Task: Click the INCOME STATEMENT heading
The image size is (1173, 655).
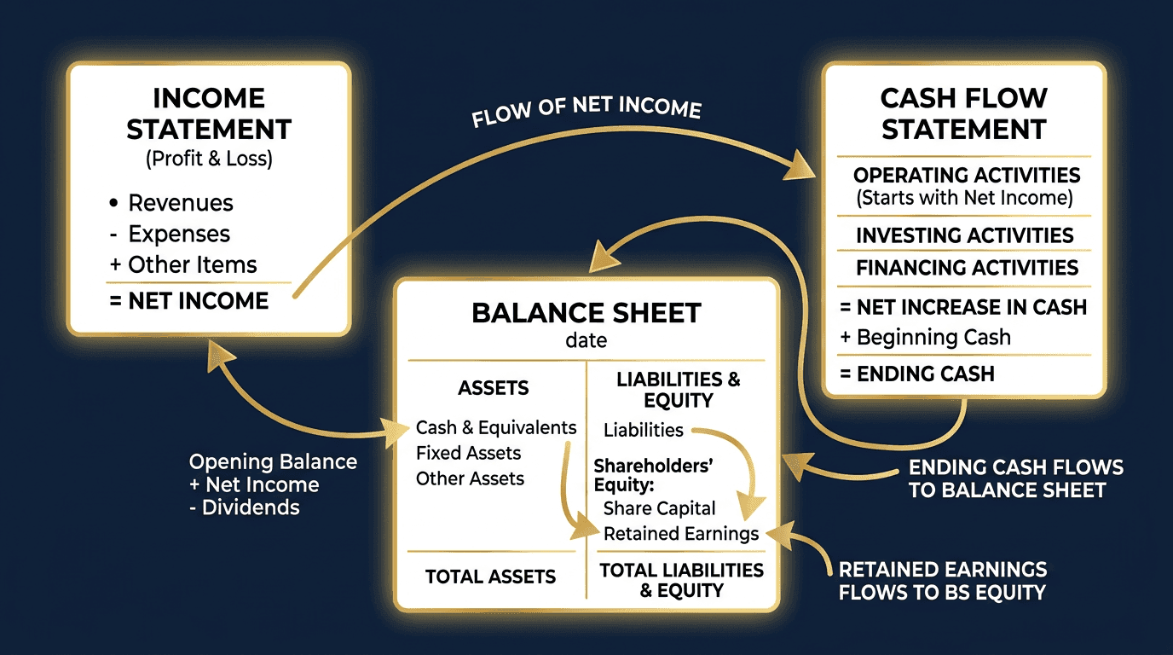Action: pos(209,113)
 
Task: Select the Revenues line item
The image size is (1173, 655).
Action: pos(180,203)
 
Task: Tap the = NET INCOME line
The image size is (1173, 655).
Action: pos(189,301)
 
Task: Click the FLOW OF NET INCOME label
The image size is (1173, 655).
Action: pos(586,112)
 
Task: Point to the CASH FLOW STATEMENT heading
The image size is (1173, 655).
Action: pos(963,113)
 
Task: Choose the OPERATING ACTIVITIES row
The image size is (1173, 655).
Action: pos(967,176)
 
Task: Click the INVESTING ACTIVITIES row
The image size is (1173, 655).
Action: pos(964,235)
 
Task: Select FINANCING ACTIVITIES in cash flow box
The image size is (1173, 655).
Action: pos(967,268)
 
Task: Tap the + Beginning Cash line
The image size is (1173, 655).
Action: pos(925,337)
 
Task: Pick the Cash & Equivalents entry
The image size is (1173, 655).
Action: pos(496,427)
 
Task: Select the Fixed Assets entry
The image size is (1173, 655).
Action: pos(468,453)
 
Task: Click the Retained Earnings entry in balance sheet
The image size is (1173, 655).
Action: pos(680,534)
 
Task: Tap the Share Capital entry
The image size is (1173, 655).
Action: pos(659,508)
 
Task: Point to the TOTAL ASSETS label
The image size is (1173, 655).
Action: pos(490,577)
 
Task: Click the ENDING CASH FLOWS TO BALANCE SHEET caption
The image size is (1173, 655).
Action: pos(1015,478)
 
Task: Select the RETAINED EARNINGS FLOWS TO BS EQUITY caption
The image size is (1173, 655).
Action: pos(943,581)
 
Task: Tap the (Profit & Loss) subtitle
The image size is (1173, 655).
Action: pos(209,159)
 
